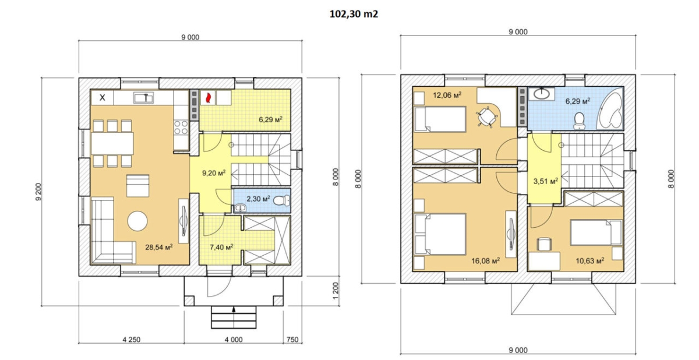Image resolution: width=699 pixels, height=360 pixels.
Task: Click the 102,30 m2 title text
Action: (x=354, y=14)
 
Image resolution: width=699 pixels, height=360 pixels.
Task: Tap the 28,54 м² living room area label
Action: (x=159, y=248)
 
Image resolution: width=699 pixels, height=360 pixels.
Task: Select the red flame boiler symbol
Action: (x=207, y=98)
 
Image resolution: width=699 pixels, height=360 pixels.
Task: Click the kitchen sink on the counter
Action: (x=143, y=97)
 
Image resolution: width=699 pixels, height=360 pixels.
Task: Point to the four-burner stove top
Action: (x=181, y=127)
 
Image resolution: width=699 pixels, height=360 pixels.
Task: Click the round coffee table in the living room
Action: (x=137, y=221)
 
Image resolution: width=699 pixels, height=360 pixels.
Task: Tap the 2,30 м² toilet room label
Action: (x=258, y=199)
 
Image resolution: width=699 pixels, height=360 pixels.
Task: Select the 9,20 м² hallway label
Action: (x=214, y=173)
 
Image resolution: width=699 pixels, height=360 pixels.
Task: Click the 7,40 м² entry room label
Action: (x=221, y=248)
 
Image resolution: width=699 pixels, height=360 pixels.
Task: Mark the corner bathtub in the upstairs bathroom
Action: (x=609, y=108)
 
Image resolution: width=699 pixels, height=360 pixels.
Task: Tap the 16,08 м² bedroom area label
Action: (x=485, y=260)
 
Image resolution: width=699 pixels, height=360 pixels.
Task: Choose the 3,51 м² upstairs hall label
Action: (x=545, y=181)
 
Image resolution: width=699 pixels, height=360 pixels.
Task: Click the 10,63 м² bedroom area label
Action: (x=589, y=260)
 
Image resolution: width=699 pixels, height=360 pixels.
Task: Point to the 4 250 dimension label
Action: (x=132, y=340)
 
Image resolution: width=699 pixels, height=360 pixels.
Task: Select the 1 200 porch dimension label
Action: (x=336, y=291)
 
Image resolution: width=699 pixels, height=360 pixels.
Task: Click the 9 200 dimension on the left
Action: (x=38, y=192)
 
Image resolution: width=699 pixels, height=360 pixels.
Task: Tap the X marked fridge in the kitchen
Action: (x=102, y=98)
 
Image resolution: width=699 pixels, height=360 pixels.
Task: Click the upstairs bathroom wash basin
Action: (x=541, y=94)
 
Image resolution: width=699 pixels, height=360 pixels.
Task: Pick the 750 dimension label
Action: (x=292, y=340)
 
